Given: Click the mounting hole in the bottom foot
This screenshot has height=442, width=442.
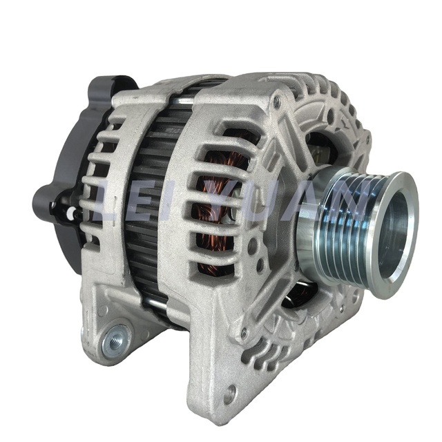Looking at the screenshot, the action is [229, 392].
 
